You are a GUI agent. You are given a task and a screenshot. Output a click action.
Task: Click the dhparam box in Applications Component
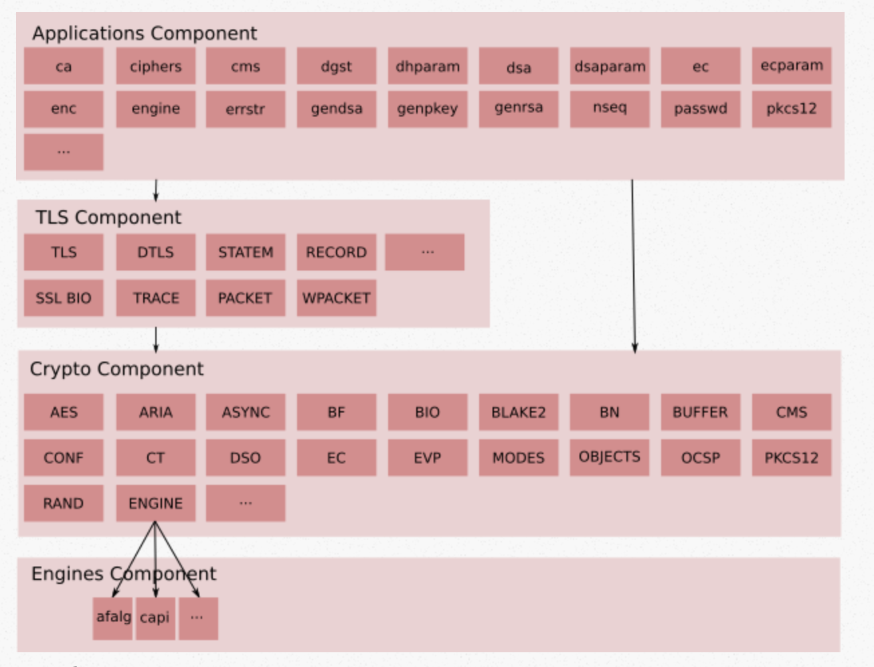[x=427, y=66]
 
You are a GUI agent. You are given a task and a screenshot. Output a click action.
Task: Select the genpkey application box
[x=427, y=108]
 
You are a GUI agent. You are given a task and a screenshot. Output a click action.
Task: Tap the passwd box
[x=700, y=108]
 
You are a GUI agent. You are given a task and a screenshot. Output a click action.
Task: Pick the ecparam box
[x=791, y=66]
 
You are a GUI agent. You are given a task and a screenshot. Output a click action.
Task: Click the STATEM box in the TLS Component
[x=245, y=252]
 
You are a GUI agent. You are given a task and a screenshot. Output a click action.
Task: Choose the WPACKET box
[x=336, y=298]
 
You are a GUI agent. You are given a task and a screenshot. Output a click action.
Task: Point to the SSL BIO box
[x=64, y=298]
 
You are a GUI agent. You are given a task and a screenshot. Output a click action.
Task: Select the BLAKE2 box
[x=518, y=412]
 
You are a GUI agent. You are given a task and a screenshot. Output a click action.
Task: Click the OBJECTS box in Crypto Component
[x=609, y=457]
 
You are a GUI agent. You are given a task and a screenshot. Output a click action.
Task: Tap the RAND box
[x=64, y=503]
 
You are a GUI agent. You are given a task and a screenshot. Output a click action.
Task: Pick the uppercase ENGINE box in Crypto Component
[x=155, y=503]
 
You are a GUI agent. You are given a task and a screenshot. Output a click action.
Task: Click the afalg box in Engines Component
[x=112, y=617]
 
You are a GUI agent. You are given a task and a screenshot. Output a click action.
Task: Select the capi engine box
[x=155, y=617]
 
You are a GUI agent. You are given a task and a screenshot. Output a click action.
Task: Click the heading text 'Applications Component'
[x=145, y=33]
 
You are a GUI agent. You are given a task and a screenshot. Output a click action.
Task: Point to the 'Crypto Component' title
[x=116, y=369]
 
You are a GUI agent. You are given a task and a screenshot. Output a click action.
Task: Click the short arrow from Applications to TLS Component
[x=156, y=190]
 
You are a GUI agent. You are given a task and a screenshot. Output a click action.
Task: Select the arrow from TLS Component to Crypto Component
[x=156, y=339]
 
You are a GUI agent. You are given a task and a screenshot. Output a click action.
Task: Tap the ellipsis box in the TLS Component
[x=424, y=252]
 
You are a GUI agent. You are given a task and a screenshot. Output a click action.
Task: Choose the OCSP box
[x=700, y=457]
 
